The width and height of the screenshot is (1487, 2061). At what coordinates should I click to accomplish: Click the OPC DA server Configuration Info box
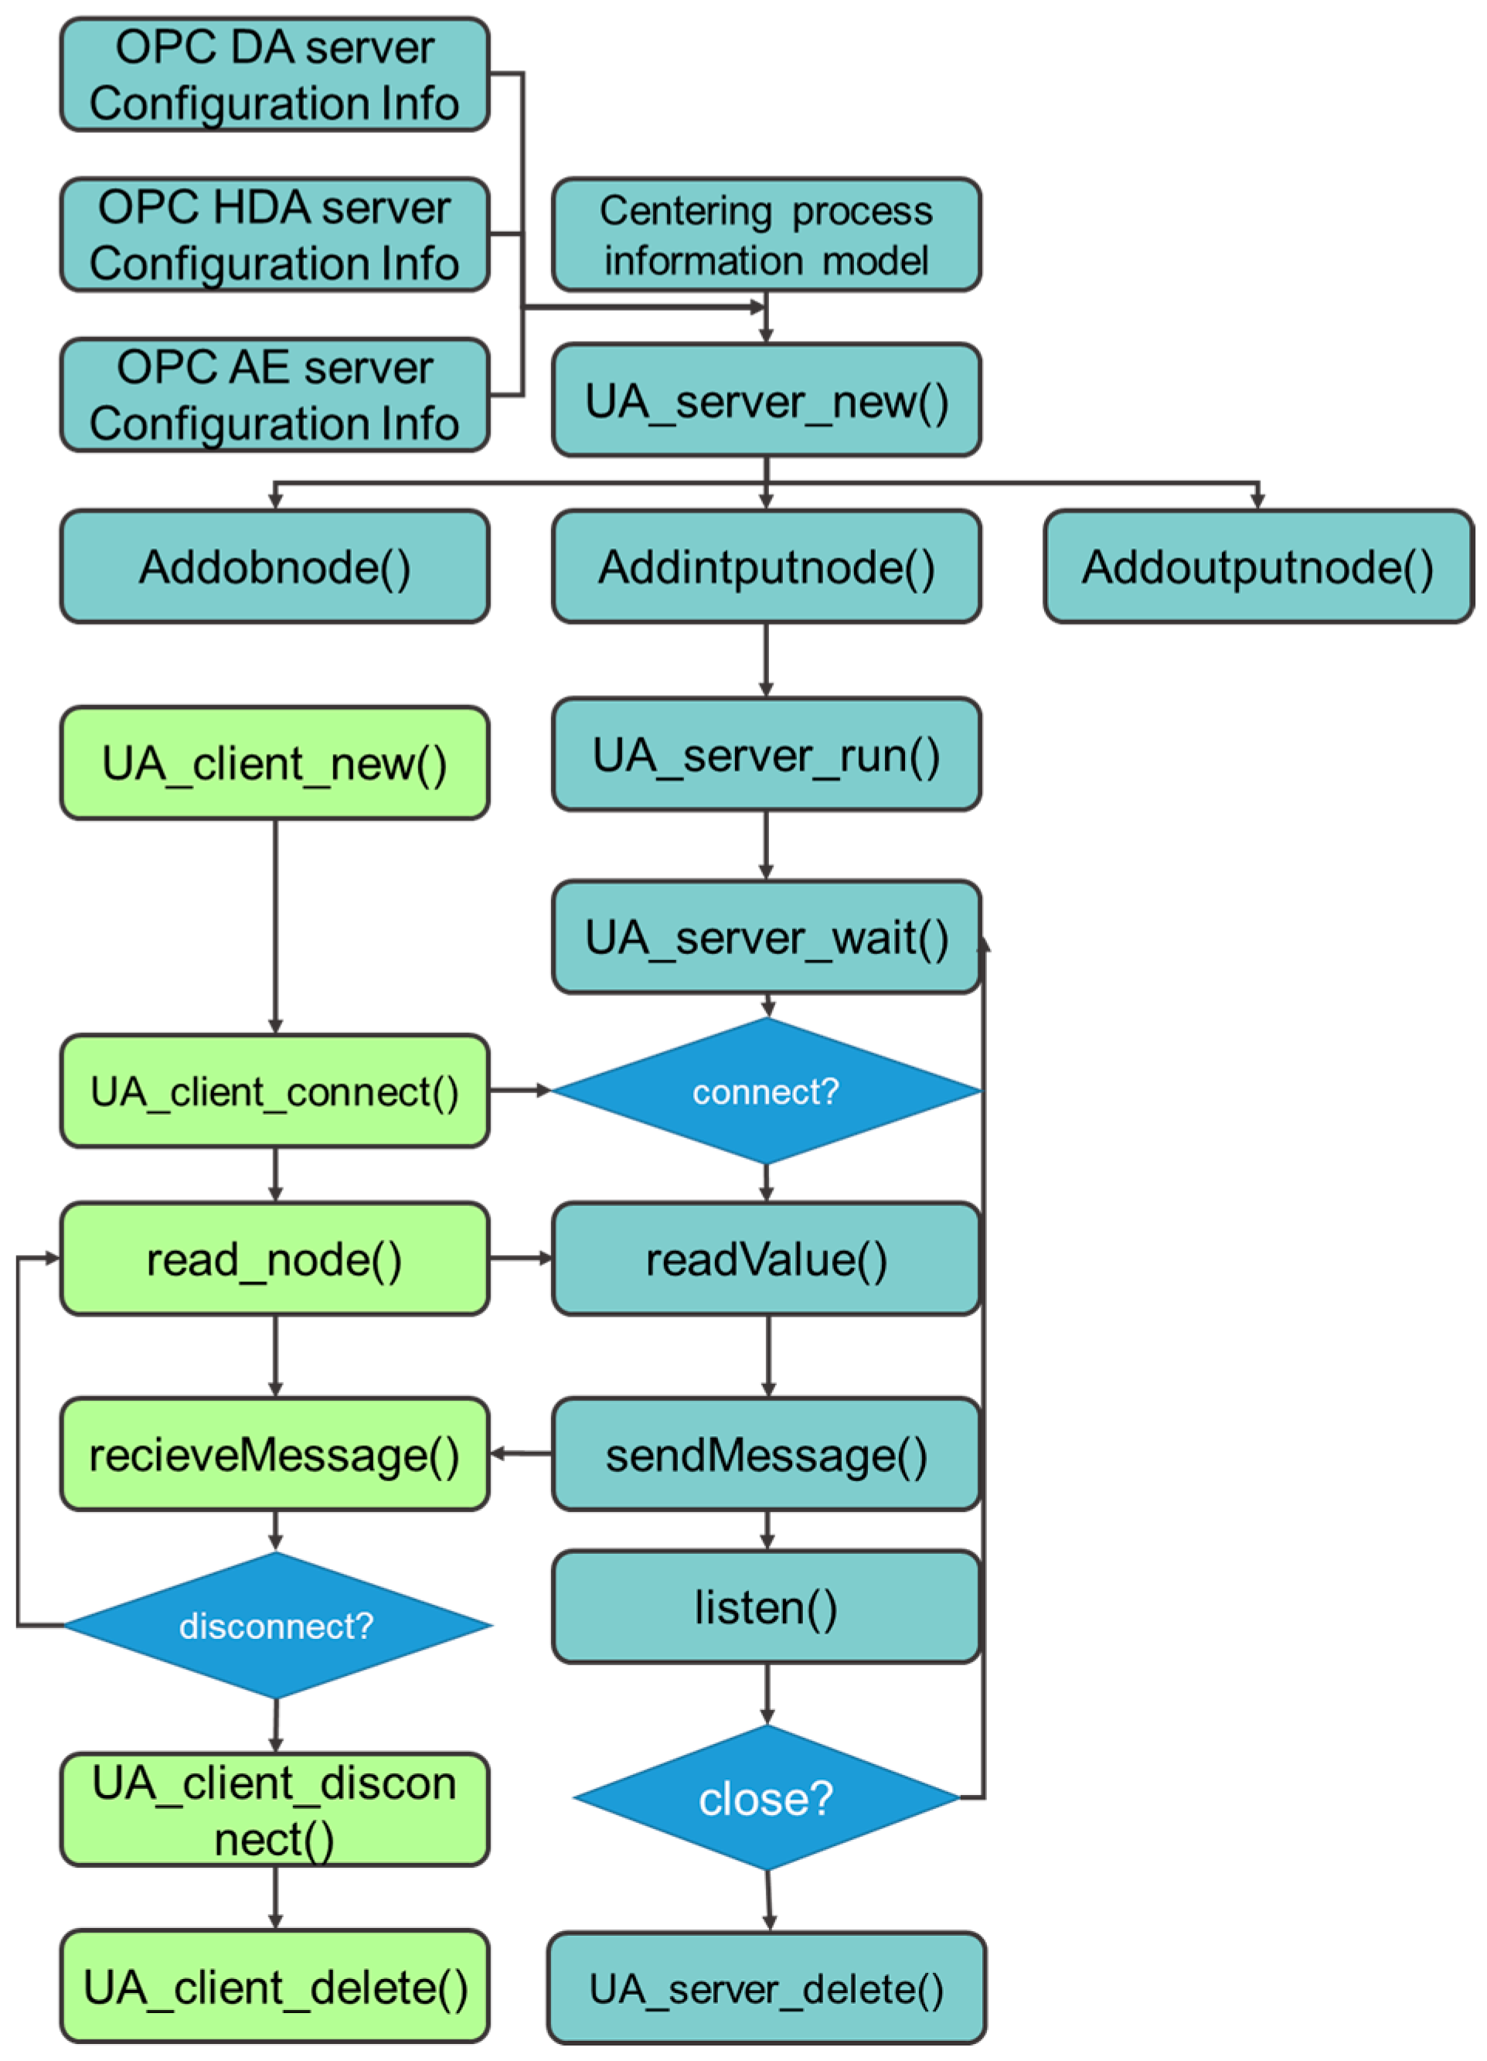[x=274, y=74]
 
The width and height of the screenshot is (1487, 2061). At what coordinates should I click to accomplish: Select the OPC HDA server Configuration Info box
[x=274, y=234]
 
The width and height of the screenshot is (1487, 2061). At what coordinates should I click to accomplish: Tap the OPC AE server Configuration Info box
[x=274, y=394]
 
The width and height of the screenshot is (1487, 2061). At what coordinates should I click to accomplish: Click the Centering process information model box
[x=766, y=234]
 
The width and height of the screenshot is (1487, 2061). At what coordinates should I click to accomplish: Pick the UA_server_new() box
[x=766, y=400]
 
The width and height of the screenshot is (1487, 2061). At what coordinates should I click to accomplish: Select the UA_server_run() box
[x=766, y=755]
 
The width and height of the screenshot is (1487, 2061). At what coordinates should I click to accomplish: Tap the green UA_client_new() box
[x=274, y=762]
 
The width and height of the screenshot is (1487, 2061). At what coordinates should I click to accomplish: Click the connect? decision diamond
[x=766, y=1091]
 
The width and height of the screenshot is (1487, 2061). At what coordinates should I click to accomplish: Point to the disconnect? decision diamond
[x=276, y=1625]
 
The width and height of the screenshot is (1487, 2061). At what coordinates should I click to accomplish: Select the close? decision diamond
[x=766, y=1797]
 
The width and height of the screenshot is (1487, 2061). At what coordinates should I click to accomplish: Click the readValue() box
[x=766, y=1259]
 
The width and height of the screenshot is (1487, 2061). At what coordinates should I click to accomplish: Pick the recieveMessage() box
[x=274, y=1454]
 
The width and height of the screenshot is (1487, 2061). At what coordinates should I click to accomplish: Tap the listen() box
[x=766, y=1606]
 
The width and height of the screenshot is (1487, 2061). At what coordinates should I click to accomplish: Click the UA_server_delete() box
[x=766, y=1988]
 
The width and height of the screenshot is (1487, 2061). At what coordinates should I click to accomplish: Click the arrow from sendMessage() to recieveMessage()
[x=520, y=1454]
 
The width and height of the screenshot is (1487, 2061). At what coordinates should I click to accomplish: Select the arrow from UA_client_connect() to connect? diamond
[x=519, y=1089]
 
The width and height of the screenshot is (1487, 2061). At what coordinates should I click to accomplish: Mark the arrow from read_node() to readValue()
[x=520, y=1259]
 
